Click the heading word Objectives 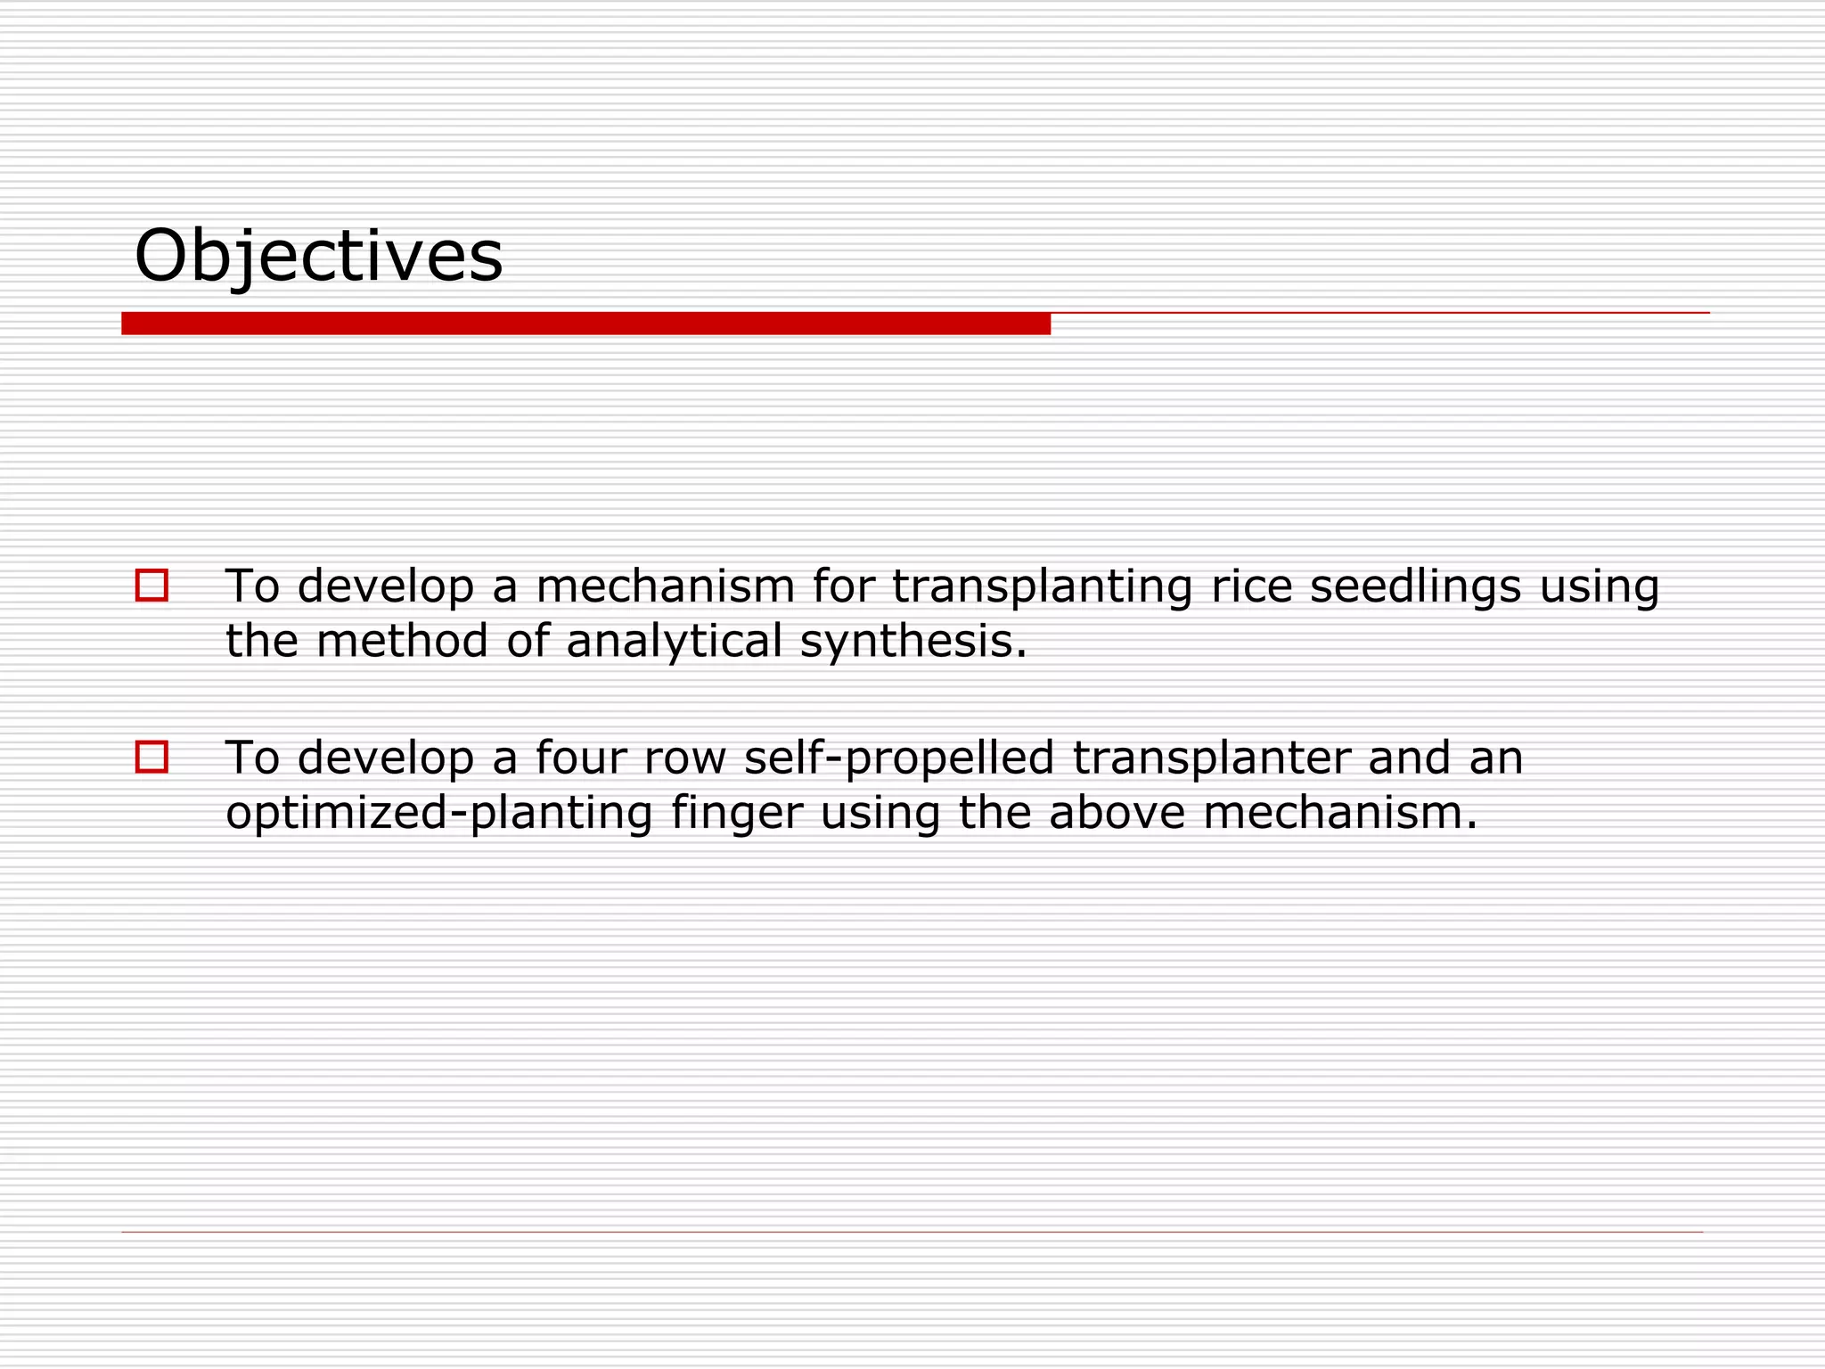(x=318, y=257)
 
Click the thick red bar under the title (x=585, y=324)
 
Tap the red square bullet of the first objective (x=151, y=586)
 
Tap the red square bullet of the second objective (x=151, y=757)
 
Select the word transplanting (x=1042, y=587)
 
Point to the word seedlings (x=1414, y=587)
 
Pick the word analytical (x=674, y=642)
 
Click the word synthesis (x=913, y=642)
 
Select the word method (x=402, y=642)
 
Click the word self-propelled (x=898, y=758)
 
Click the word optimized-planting (x=439, y=814)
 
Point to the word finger (x=737, y=814)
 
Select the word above (x=1117, y=814)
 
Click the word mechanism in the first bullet (x=665, y=587)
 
